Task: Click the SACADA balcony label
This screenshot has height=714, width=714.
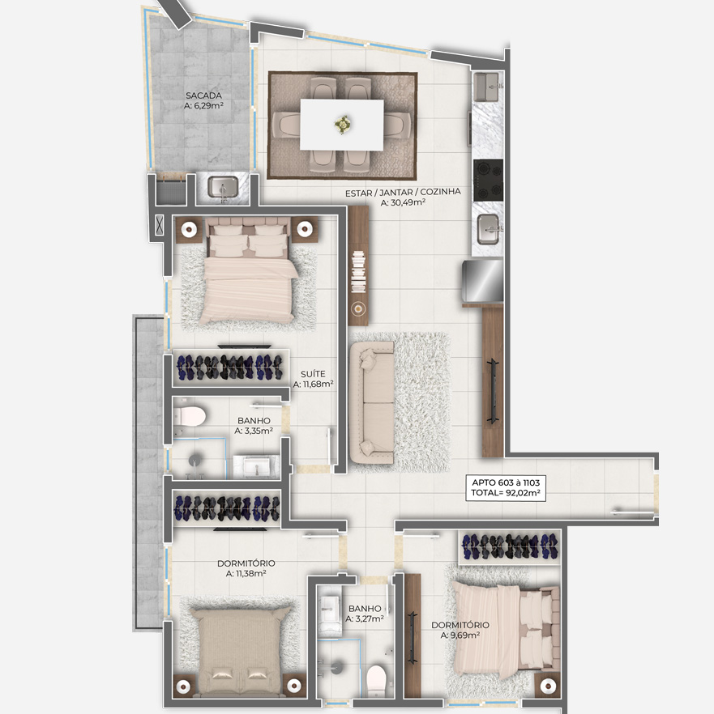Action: pyautogui.click(x=203, y=100)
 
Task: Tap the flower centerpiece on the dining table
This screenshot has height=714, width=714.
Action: pyautogui.click(x=342, y=124)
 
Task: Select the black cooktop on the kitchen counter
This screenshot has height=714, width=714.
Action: pyautogui.click(x=489, y=180)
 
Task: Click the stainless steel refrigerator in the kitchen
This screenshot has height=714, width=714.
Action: pyautogui.click(x=482, y=280)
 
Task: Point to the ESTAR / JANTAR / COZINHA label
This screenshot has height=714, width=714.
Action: pyautogui.click(x=403, y=198)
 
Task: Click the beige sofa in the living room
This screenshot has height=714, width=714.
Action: pyautogui.click(x=372, y=403)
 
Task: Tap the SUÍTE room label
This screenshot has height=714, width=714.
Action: pyautogui.click(x=313, y=379)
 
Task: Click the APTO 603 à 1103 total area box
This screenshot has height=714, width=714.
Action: pyautogui.click(x=506, y=487)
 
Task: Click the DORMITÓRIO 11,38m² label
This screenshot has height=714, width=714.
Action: pyautogui.click(x=246, y=568)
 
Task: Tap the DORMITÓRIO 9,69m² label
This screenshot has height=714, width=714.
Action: pyautogui.click(x=460, y=630)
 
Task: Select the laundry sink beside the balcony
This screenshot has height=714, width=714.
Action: pyautogui.click(x=223, y=188)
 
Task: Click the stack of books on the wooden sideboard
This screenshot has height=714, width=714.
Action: pyautogui.click(x=358, y=272)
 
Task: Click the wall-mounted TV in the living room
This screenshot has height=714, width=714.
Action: pyautogui.click(x=493, y=391)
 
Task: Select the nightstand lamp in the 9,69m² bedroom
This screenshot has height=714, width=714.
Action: pyautogui.click(x=548, y=686)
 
